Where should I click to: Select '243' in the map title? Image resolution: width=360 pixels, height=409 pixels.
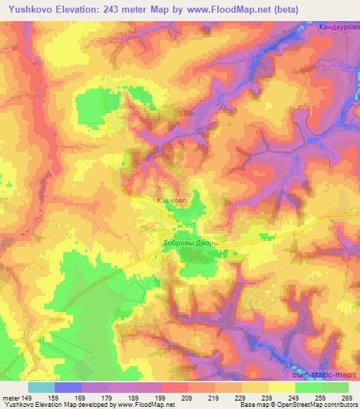click(121, 9)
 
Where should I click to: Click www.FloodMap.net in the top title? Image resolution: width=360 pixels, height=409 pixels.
click(224, 9)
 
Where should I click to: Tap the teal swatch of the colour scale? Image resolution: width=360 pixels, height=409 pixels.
click(41, 387)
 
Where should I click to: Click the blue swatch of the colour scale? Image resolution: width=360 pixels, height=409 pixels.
click(67, 387)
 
